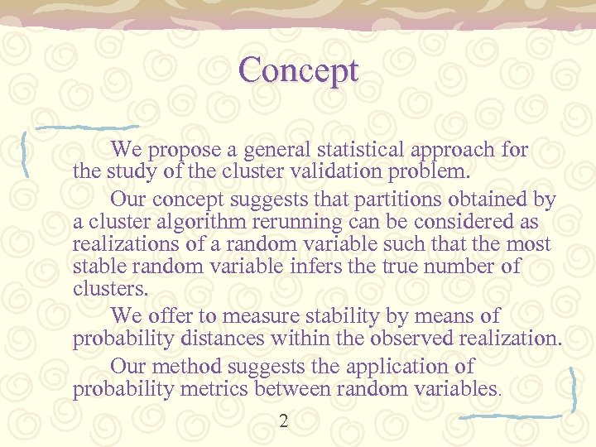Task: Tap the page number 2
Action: coord(284,421)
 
